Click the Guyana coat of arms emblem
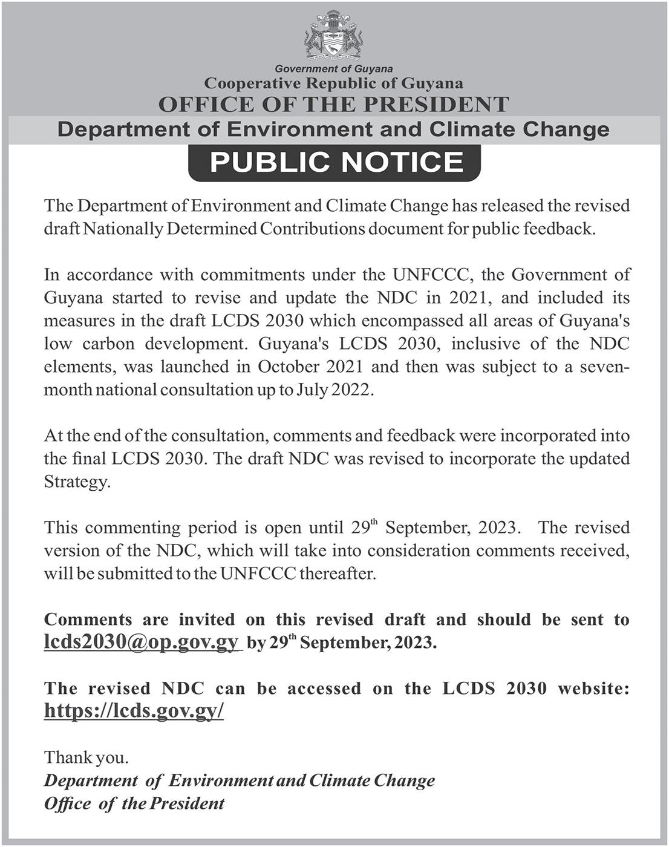click(x=334, y=36)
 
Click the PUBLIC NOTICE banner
click(x=336, y=162)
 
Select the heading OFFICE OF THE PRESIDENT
click(x=333, y=105)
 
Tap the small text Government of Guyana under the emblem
click(x=334, y=69)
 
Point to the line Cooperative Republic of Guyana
click(x=334, y=83)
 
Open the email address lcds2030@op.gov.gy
click(x=142, y=642)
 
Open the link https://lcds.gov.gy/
click(x=134, y=711)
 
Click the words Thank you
click(x=86, y=757)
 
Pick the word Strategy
click(x=77, y=482)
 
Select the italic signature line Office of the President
click(x=134, y=803)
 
